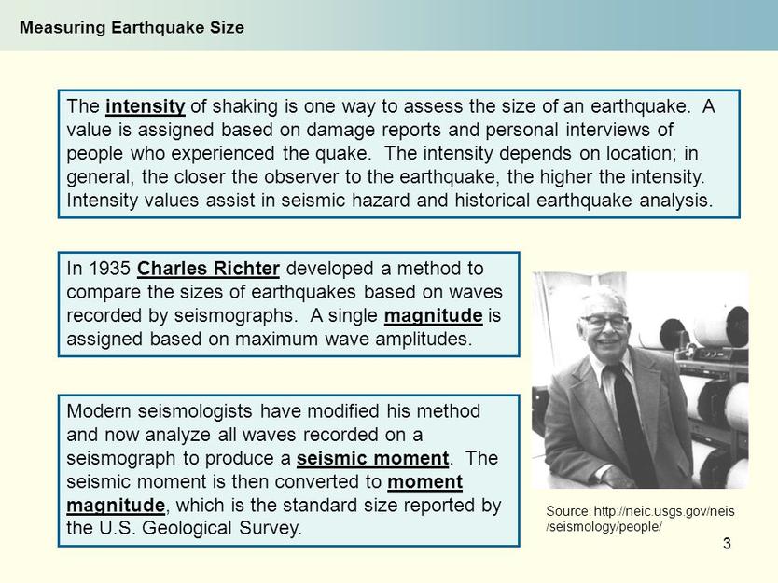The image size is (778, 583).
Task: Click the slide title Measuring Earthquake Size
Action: coord(132,27)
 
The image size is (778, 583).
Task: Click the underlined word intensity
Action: coord(146,106)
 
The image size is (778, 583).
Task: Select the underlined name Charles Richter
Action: coord(208,269)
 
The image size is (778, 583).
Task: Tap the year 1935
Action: coord(109,269)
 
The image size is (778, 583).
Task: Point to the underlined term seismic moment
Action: coord(372,458)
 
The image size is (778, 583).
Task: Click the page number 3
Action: coord(727,544)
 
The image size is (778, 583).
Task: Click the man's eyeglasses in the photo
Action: coord(604,322)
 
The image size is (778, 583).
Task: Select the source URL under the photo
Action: coord(640,519)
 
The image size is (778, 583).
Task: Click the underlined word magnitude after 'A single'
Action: coord(433,316)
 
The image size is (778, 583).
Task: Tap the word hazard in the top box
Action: coord(381,201)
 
